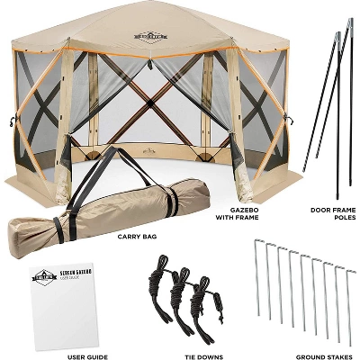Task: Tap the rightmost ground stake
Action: tap(346, 297)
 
